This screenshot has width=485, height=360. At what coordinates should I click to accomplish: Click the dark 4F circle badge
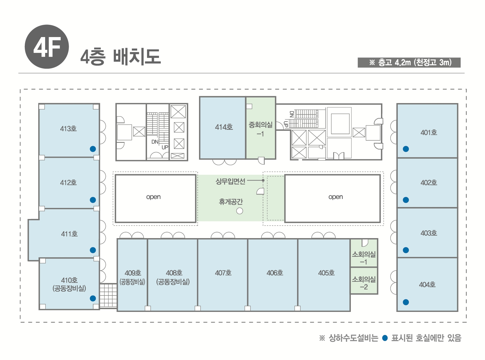pyautogui.click(x=47, y=47)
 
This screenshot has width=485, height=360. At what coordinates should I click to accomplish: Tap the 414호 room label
pyautogui.click(x=224, y=127)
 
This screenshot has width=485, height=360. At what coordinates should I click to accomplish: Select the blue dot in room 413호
pyautogui.click(x=93, y=149)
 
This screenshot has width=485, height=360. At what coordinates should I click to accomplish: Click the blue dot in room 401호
pyautogui.click(x=406, y=149)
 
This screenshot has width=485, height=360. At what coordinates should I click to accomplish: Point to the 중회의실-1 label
pyautogui.click(x=261, y=129)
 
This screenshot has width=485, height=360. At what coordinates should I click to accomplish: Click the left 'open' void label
pyautogui.click(x=153, y=197)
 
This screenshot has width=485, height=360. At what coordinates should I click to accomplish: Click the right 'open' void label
pyautogui.click(x=335, y=197)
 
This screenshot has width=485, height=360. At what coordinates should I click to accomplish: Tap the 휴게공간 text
pyautogui.click(x=231, y=202)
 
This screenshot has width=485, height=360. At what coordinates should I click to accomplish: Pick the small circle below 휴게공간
pyautogui.click(x=239, y=211)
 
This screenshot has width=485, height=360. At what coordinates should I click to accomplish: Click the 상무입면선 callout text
pyautogui.click(x=230, y=181)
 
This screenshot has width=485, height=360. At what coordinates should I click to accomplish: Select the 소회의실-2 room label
pyautogui.click(x=364, y=283)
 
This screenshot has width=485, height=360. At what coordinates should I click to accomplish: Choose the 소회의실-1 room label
pyautogui.click(x=364, y=258)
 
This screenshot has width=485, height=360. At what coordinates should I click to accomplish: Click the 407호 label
pyautogui.click(x=223, y=273)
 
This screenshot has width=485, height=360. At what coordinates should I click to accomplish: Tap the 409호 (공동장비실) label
pyautogui.click(x=132, y=277)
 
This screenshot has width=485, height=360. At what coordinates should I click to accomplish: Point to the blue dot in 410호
pyautogui.click(x=93, y=298)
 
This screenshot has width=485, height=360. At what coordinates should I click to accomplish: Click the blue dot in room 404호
pyautogui.click(x=406, y=302)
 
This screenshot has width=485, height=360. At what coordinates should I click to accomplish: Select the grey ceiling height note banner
pyautogui.click(x=409, y=62)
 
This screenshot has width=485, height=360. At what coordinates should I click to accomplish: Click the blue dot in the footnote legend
pyautogui.click(x=385, y=338)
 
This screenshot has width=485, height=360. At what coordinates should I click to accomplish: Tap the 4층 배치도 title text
pyautogui.click(x=121, y=57)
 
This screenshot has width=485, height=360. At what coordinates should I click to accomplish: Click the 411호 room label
pyautogui.click(x=69, y=234)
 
